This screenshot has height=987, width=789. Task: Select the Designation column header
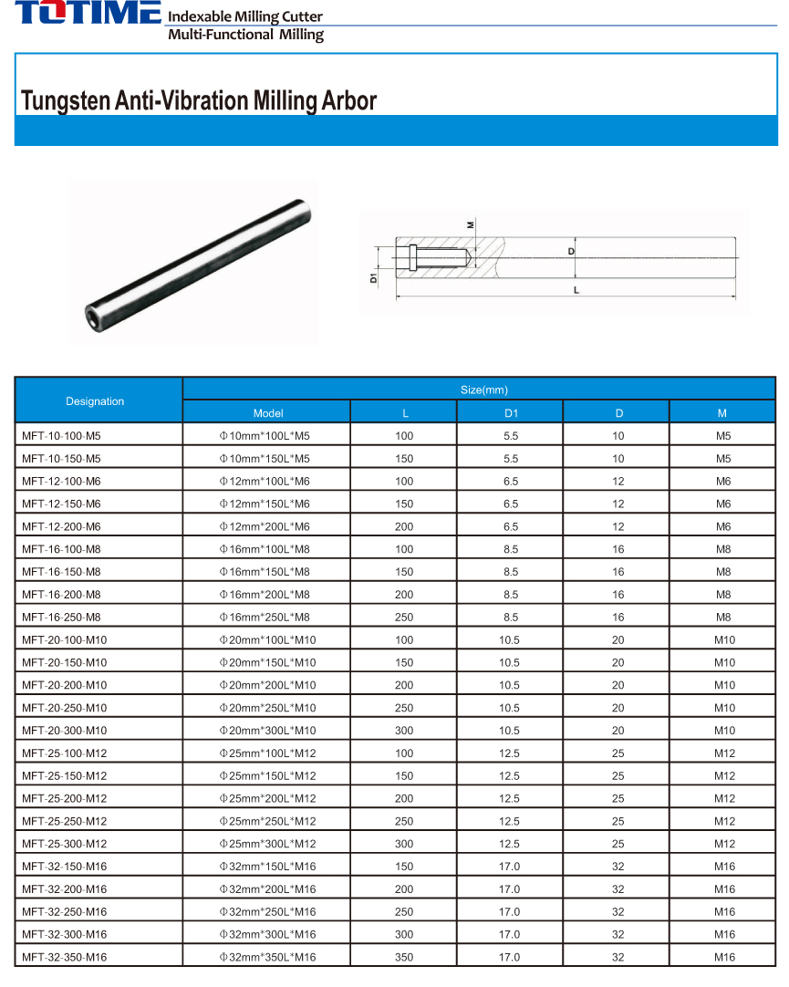point(95,401)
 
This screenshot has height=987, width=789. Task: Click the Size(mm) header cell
point(483,390)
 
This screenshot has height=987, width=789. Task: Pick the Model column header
point(268,413)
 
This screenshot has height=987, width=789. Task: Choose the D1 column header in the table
point(511,413)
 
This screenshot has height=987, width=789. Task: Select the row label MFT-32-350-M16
point(64,957)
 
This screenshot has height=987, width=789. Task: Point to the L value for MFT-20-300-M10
point(404,731)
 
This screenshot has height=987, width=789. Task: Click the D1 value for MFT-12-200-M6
point(511,526)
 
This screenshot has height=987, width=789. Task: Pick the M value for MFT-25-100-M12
point(724,753)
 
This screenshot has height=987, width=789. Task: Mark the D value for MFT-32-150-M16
point(618,867)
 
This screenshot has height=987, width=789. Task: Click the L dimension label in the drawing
point(576,290)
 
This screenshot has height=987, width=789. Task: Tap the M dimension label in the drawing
point(471,223)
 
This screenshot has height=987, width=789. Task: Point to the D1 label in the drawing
point(374,276)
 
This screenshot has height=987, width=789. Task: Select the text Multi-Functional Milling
point(245,35)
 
